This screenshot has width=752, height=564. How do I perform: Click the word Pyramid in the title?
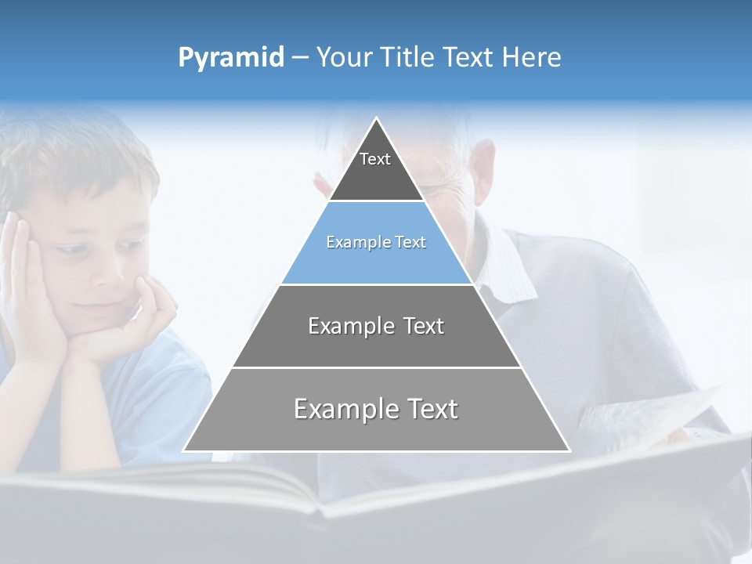(231, 58)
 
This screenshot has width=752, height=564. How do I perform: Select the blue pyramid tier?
(376, 243)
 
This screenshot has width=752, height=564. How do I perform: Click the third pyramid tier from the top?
(376, 326)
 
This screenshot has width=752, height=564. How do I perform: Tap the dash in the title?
(300, 58)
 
